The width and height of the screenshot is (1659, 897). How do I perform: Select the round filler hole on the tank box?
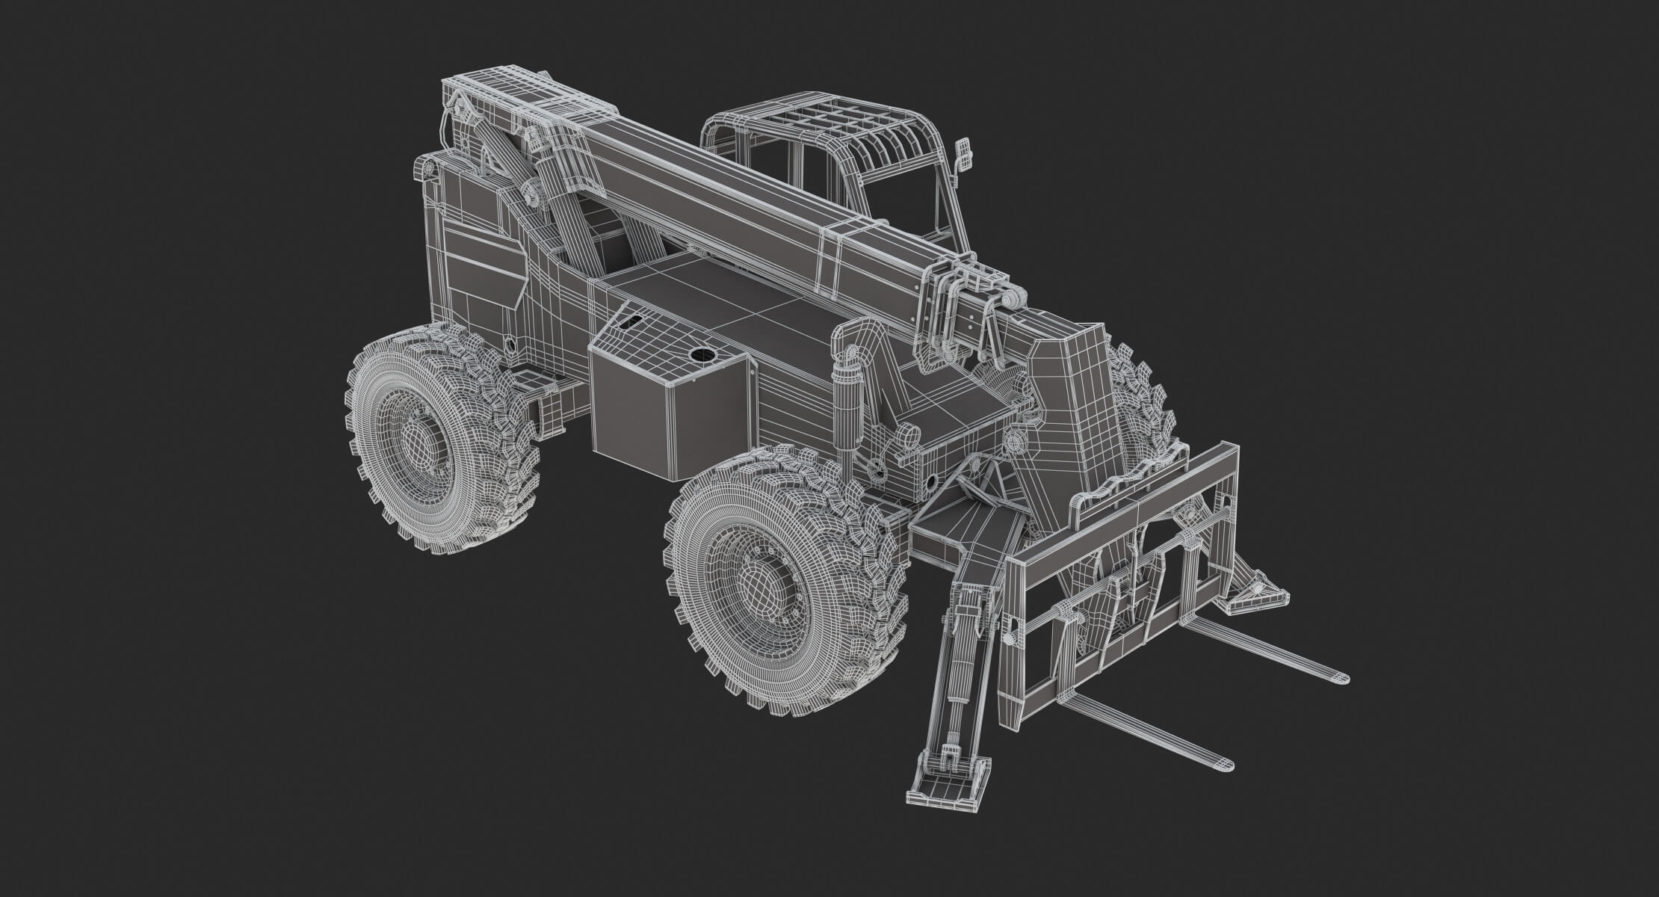tap(701, 354)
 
